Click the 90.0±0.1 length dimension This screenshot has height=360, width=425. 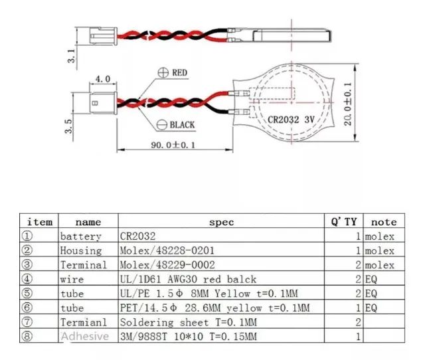(x=173, y=145)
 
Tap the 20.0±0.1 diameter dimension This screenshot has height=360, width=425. (x=347, y=104)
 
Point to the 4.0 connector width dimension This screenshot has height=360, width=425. (x=103, y=79)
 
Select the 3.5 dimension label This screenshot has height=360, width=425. (x=68, y=126)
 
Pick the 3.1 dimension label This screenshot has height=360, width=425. (x=71, y=56)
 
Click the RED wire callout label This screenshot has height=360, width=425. (x=180, y=72)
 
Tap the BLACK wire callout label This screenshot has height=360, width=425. (x=182, y=125)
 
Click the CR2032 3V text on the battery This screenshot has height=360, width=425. (x=291, y=120)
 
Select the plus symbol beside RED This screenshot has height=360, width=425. (x=163, y=72)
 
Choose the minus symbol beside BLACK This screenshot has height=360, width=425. (x=162, y=125)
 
